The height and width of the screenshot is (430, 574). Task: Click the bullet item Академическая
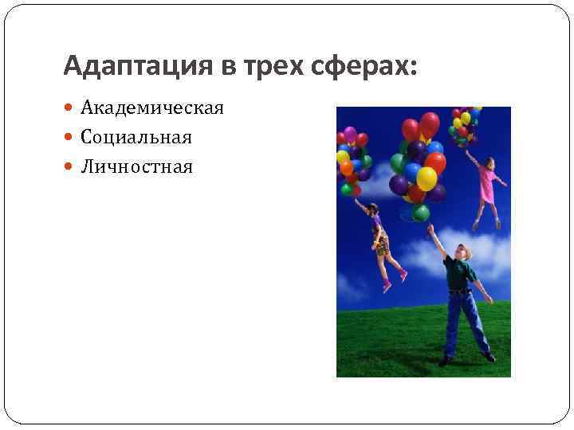[151, 107]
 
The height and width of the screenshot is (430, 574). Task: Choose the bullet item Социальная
[136, 137]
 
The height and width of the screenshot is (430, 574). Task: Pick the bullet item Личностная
[136, 166]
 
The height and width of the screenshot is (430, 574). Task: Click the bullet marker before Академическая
[69, 107]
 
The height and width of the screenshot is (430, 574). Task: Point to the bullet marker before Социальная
[69, 137]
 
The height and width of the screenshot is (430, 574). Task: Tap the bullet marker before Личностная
[69, 166]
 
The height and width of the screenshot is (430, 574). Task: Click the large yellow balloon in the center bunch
[427, 178]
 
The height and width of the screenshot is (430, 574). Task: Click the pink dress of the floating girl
[487, 182]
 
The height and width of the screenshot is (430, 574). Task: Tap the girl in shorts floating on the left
[381, 239]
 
